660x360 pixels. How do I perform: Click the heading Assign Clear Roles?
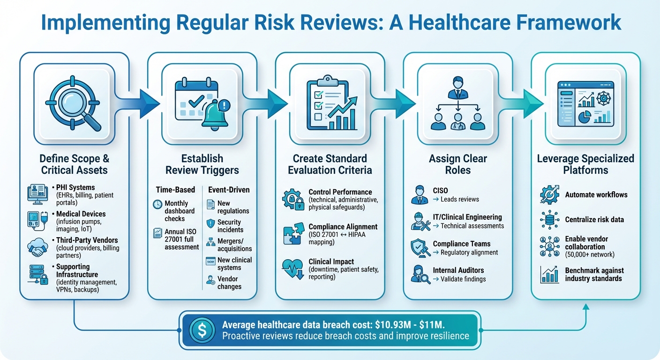click(457, 164)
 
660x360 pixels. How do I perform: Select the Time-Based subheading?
click(175, 190)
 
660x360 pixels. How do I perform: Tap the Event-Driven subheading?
click(229, 190)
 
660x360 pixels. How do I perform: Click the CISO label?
click(441, 191)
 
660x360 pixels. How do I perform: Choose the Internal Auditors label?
click(458, 270)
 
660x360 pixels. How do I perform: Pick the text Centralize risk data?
click(594, 219)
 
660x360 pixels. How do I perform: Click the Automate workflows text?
click(596, 195)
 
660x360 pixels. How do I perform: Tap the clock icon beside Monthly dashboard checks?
click(157, 205)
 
